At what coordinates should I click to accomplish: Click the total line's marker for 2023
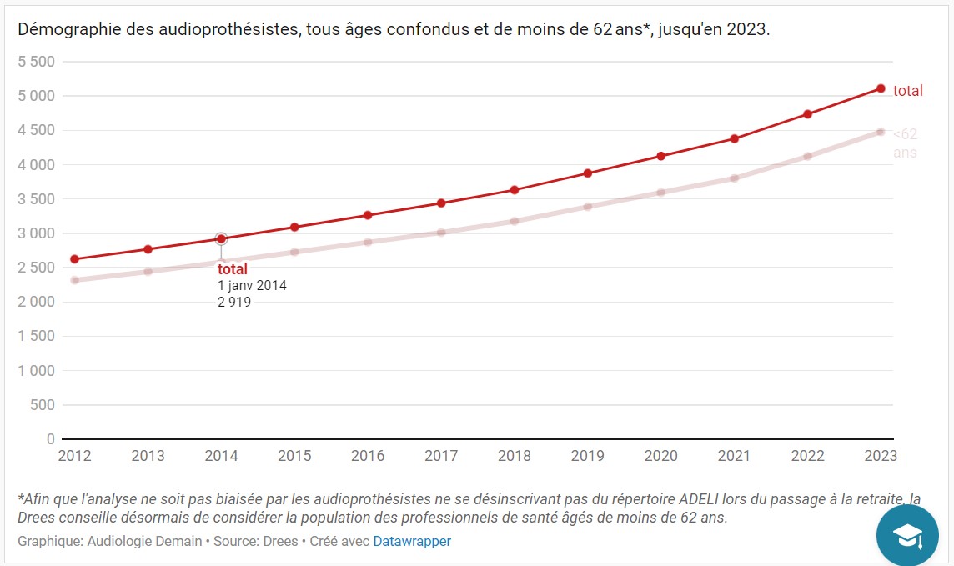[881, 88]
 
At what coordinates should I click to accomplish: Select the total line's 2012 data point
[75, 259]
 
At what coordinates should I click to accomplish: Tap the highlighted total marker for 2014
[221, 239]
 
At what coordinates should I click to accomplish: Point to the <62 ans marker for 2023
[881, 132]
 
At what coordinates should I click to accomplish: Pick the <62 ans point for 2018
[515, 221]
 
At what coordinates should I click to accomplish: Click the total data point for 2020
[661, 156]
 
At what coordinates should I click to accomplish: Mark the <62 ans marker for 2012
[75, 280]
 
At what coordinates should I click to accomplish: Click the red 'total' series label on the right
[907, 91]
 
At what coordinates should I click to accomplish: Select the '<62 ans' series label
[905, 143]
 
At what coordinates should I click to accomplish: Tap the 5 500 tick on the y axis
[37, 62]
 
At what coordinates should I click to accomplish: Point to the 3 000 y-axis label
[37, 233]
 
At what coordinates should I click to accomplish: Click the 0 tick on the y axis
[51, 439]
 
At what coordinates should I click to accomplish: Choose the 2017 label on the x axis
[441, 456]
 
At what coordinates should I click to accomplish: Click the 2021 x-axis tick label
[735, 456]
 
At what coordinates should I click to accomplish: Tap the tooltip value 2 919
[234, 303]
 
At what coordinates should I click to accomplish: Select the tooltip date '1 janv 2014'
[252, 286]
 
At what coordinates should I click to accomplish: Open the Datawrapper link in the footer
[412, 541]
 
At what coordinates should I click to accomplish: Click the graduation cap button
[907, 535]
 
